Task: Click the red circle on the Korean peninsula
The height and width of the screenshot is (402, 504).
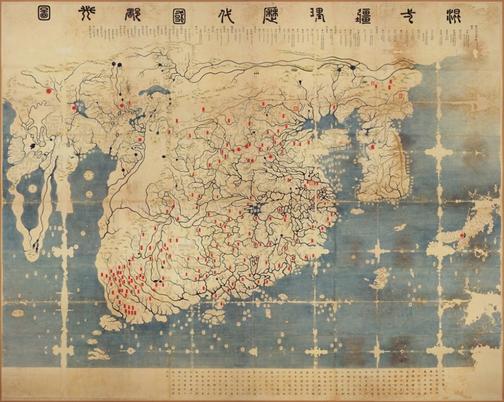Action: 372,147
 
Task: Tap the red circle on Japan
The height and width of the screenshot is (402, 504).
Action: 461,236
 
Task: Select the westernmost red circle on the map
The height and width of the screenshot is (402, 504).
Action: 49,90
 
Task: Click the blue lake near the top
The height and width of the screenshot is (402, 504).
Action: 153,92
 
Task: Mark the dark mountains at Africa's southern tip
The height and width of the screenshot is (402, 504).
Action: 35,247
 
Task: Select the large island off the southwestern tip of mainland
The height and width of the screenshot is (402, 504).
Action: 111,322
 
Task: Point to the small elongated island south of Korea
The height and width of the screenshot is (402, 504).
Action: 400,227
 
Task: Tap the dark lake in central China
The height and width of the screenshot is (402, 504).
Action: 262,206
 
